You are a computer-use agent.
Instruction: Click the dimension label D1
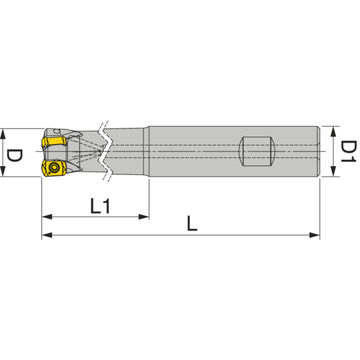(348, 151)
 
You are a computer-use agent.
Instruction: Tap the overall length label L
(193, 223)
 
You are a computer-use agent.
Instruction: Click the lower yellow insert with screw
(53, 169)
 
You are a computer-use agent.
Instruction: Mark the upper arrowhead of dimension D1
(333, 130)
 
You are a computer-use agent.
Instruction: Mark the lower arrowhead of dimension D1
(333, 173)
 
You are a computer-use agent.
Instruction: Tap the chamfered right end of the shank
(319, 151)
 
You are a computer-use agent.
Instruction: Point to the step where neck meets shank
(148, 151)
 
